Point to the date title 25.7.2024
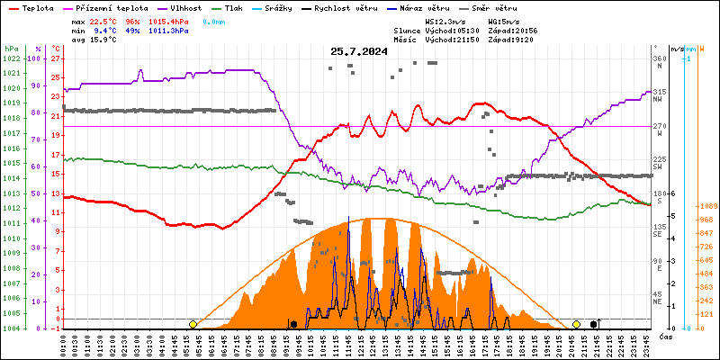pyautogui.click(x=359, y=51)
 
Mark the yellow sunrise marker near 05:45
pyautogui.click(x=193, y=324)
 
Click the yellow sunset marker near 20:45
pyautogui.click(x=576, y=324)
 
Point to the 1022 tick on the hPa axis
pyautogui.click(x=11, y=58)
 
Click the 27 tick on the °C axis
pyautogui.click(x=56, y=58)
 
